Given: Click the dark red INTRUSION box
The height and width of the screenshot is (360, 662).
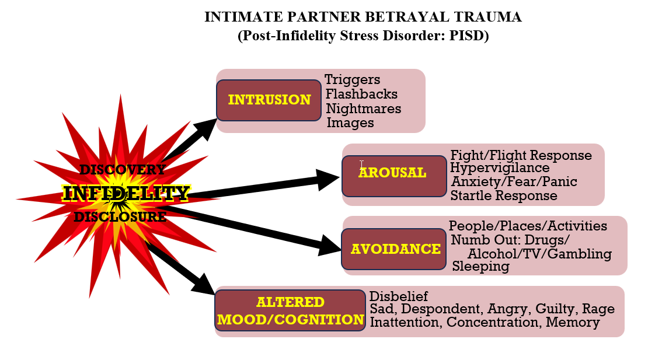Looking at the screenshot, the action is coord(269,100).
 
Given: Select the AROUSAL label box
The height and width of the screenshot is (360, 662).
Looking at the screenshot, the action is coord(394,176).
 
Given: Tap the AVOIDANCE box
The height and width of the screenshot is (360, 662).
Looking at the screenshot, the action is coord(394,249).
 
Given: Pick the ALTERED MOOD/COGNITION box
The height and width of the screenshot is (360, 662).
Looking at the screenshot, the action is coord(290,310).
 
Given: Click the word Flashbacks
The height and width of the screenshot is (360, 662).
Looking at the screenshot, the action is coord(361,94).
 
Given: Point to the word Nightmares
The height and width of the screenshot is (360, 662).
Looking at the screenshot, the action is coord(364,109).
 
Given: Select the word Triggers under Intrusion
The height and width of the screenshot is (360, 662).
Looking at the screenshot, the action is coord(352,79).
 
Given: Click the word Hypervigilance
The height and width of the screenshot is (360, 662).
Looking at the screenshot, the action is coord(500,168).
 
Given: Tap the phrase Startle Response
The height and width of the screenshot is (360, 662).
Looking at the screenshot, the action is coord(504,195).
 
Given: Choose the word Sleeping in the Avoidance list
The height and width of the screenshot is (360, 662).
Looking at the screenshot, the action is coord(481,266).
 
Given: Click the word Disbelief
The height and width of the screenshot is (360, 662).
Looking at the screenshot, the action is coord(399,296).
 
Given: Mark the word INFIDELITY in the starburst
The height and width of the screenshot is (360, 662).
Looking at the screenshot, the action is coord(126,193).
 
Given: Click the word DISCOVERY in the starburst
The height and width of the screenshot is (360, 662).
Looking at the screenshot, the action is coord(123,170).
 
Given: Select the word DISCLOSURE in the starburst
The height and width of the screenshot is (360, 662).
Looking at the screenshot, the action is coord(120,217).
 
